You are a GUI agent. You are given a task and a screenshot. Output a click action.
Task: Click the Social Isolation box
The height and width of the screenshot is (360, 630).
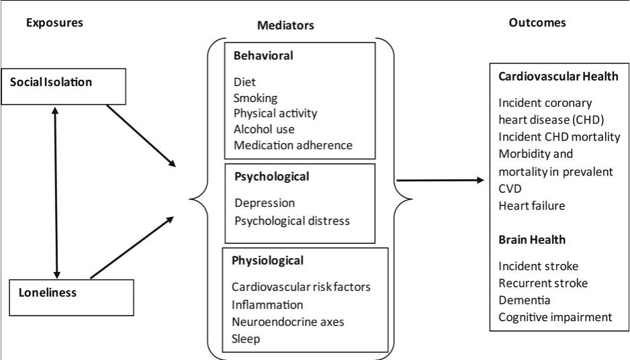63,85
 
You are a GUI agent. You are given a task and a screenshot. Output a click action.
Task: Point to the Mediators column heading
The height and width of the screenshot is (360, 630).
285,25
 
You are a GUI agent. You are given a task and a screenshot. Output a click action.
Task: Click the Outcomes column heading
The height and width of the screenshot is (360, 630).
537,23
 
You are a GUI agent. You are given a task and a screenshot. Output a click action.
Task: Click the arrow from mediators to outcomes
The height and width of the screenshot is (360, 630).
440,180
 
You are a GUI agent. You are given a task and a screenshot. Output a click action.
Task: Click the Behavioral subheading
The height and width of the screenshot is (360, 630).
263,56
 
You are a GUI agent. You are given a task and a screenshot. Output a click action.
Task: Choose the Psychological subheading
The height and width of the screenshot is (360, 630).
271,177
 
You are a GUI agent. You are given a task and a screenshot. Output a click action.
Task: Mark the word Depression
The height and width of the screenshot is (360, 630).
265,202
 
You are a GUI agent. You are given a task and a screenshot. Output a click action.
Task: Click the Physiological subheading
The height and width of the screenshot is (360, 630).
267,260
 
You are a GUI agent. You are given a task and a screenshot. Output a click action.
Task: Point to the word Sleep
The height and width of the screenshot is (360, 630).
245,339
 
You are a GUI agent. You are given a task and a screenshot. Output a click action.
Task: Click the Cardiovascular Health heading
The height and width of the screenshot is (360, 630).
558,77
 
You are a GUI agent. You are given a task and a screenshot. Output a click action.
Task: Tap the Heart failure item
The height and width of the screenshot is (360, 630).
531,206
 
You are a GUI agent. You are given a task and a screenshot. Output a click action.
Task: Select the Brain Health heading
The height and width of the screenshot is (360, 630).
531,239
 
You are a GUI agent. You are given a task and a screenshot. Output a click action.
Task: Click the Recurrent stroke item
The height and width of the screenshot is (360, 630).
543,283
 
